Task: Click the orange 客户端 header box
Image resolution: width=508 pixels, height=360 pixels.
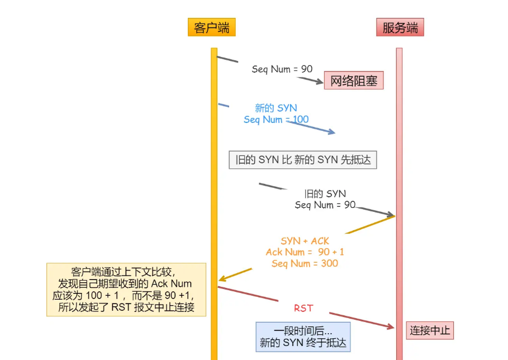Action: (x=211, y=27)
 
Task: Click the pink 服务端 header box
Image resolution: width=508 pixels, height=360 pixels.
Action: (x=400, y=27)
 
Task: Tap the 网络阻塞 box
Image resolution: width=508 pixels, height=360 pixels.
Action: (x=354, y=81)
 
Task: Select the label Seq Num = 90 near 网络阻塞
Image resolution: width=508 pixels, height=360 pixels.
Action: (x=282, y=69)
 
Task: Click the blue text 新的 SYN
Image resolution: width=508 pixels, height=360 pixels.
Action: (x=276, y=108)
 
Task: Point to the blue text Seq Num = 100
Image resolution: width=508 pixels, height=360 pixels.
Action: (x=276, y=120)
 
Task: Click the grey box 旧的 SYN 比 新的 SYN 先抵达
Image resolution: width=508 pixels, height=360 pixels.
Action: (x=303, y=160)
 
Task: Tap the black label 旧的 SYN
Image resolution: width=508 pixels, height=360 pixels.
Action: (x=325, y=194)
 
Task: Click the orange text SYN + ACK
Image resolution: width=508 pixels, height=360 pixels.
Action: (x=305, y=241)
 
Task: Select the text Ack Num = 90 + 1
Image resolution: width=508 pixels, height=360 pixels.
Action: (x=305, y=252)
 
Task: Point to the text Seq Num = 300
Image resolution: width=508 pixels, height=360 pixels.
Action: (x=305, y=263)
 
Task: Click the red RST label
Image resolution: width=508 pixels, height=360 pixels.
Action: (x=303, y=308)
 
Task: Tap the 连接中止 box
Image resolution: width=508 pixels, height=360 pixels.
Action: (x=429, y=330)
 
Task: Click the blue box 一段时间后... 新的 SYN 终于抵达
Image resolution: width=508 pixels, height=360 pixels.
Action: (x=303, y=337)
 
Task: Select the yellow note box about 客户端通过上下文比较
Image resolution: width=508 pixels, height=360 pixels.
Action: (x=126, y=290)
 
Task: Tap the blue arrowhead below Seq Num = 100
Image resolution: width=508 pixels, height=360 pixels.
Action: (x=331, y=132)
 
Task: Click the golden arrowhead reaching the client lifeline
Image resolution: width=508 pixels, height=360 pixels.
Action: (x=222, y=278)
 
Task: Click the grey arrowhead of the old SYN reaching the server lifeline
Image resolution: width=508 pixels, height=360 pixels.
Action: (x=391, y=215)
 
